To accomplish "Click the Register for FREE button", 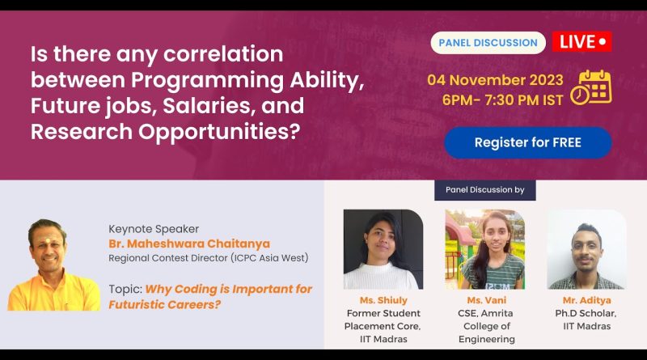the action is click(x=528, y=142).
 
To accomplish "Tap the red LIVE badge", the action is click(x=581, y=42).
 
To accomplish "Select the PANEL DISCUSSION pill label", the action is click(x=488, y=43).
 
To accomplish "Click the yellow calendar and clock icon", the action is click(x=591, y=87).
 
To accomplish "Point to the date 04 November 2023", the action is click(x=495, y=79).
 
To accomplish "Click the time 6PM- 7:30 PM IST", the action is click(x=502, y=100).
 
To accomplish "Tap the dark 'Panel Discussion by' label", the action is click(x=484, y=190).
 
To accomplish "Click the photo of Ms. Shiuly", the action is click(x=383, y=249).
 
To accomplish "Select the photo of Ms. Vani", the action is click(x=484, y=249).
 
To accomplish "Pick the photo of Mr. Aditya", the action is click(x=587, y=249).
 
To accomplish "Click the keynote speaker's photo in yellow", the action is click(x=53, y=265).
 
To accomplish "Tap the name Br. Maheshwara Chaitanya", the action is click(x=189, y=244).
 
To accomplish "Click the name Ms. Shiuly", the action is click(x=383, y=300).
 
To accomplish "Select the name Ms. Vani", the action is click(x=487, y=300).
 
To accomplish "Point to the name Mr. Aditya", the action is click(x=587, y=300).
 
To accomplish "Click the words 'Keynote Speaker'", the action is click(x=154, y=229).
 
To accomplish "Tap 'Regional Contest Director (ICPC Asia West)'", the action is click(x=209, y=258).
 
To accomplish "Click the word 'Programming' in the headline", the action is click(x=207, y=81).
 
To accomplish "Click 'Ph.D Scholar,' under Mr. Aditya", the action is click(x=586, y=313).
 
